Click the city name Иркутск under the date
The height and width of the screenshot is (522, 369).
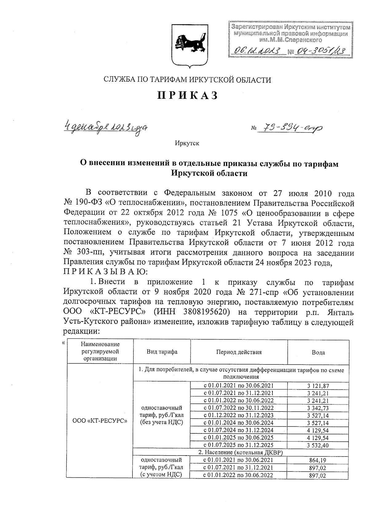pos(187,143)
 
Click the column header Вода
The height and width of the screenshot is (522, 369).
pos(318,353)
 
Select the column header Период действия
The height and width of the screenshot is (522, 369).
pos(239,352)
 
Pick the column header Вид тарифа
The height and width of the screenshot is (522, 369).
pos(162,352)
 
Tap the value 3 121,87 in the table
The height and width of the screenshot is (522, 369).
pos(318,386)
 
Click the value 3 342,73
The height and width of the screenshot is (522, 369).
pos(318,408)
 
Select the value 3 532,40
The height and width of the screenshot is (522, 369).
pos(318,445)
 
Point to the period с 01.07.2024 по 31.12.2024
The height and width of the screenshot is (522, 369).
pos(239,430)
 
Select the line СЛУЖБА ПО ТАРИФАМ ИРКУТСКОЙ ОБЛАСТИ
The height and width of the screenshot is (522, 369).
pos(187,80)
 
